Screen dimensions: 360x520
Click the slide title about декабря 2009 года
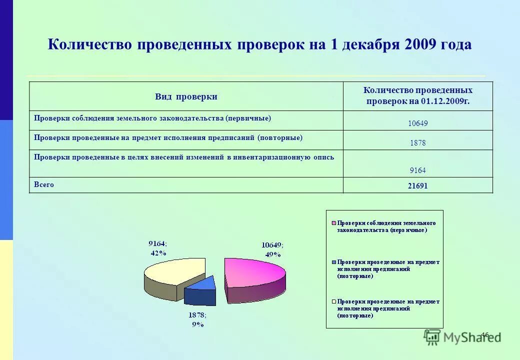point(259,44)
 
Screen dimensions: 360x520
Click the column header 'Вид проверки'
point(186,97)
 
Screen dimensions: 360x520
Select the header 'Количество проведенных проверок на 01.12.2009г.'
point(417,96)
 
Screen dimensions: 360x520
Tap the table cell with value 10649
point(417,123)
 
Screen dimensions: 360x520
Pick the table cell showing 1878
point(417,142)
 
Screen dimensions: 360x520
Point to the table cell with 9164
point(417,170)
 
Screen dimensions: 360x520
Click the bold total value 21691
point(417,185)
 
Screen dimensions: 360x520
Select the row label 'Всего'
point(44,184)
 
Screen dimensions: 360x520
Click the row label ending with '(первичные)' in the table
point(152,118)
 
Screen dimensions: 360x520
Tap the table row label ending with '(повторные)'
point(168,137)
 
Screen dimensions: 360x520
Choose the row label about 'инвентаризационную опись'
point(184,157)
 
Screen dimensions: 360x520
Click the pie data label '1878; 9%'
point(197,319)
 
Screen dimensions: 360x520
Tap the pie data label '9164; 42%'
point(157,247)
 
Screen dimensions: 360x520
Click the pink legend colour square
point(333,223)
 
